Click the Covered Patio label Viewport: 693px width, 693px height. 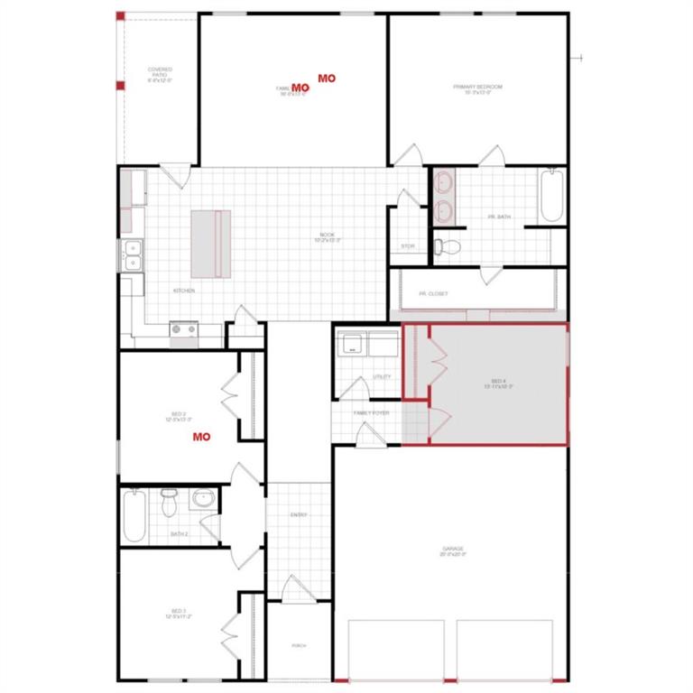(x=160, y=72)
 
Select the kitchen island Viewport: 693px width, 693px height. (x=210, y=244)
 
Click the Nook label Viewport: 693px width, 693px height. (x=327, y=237)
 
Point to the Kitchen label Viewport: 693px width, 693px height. (x=184, y=291)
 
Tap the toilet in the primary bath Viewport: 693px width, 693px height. (x=448, y=245)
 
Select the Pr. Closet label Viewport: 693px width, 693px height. (x=433, y=294)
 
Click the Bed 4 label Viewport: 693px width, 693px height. (x=498, y=383)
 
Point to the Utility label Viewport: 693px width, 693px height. (x=381, y=376)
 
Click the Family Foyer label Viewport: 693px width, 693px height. (x=372, y=411)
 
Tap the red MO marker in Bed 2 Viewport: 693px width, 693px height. (x=201, y=437)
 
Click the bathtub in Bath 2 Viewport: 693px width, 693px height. (x=134, y=516)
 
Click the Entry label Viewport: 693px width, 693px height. (x=299, y=515)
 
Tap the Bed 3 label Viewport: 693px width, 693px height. (x=178, y=614)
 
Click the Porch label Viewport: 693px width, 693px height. (x=299, y=646)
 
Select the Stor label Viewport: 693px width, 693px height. (x=407, y=245)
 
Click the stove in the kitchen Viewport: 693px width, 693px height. (x=184, y=330)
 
